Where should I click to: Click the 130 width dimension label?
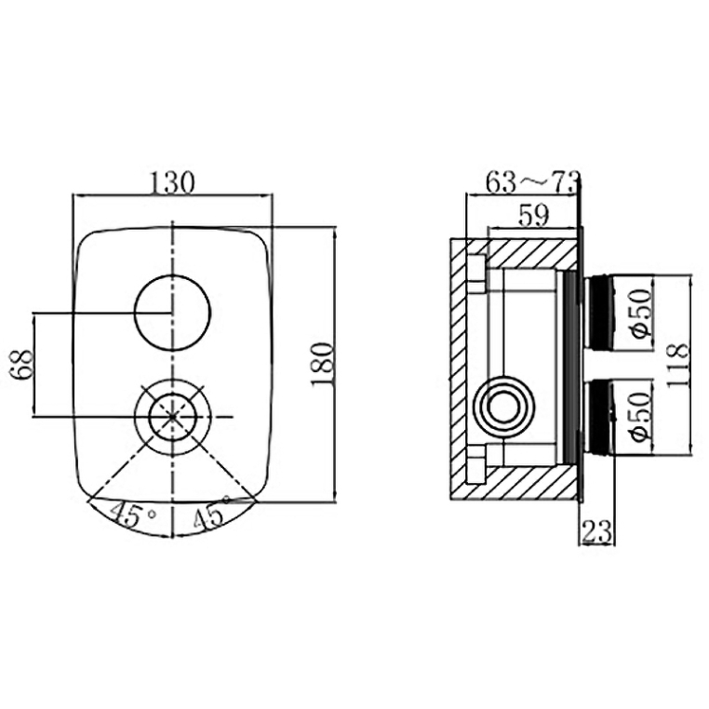171,182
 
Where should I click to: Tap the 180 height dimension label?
322,365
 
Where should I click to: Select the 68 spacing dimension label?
21,365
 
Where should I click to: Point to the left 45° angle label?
132,515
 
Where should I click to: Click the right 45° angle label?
211,512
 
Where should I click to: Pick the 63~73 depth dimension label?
532,182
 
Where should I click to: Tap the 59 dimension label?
533,215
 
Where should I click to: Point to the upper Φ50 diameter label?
642,313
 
